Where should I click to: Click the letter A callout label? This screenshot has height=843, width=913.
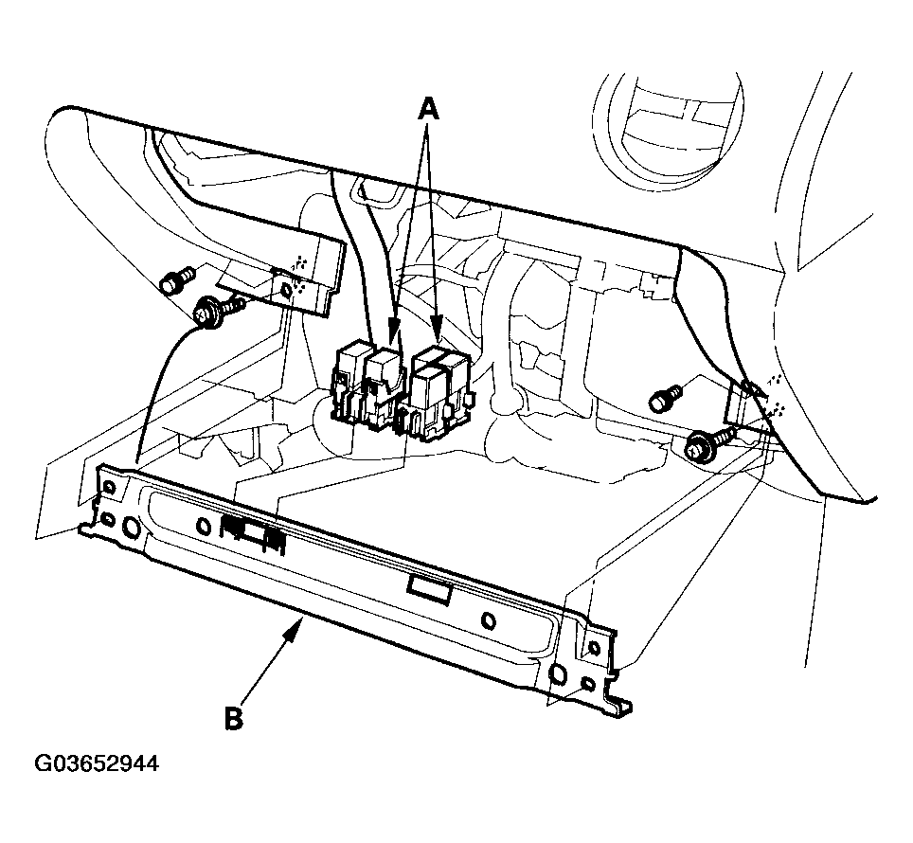[x=428, y=109]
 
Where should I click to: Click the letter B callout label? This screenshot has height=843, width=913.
[x=234, y=718]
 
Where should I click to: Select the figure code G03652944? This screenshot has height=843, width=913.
[x=97, y=763]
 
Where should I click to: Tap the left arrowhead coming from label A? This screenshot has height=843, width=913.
[x=394, y=332]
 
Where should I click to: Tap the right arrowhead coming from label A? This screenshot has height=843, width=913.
[x=437, y=330]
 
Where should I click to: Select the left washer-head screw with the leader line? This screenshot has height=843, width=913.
[x=219, y=311]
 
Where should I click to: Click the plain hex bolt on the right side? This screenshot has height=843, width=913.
[x=665, y=398]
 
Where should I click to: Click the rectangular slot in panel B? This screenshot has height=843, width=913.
[x=430, y=587]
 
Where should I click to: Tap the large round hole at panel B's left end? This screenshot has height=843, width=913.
[x=131, y=527]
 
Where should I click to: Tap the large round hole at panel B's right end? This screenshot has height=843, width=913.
[x=557, y=675]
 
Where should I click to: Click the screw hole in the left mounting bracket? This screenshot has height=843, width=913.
[x=286, y=290]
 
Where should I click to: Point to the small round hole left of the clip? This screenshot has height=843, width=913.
[x=204, y=527]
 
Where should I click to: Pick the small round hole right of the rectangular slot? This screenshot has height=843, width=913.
[x=490, y=621]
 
